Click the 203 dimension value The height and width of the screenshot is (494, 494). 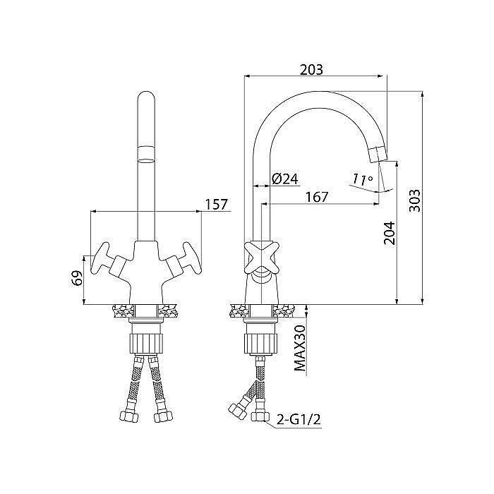click(311, 70)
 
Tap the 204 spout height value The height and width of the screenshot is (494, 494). click(389, 233)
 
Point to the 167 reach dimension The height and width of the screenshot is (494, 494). click(317, 197)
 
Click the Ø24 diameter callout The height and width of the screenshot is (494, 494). click(284, 179)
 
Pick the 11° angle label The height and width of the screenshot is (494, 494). click(362, 179)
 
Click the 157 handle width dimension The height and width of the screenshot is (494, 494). click(216, 205)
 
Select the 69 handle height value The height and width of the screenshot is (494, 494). click(78, 277)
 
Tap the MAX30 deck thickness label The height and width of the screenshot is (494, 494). click(300, 348)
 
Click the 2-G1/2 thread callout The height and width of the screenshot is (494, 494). click(299, 419)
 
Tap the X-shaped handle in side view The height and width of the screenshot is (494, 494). click(262, 258)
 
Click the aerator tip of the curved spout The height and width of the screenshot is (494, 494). click(378, 155)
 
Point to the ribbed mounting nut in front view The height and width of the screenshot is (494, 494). click(146, 344)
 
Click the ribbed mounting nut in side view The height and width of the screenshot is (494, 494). click(260, 344)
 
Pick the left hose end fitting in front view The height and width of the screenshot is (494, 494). click(129, 416)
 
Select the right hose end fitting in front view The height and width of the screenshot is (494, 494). click(163, 416)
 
